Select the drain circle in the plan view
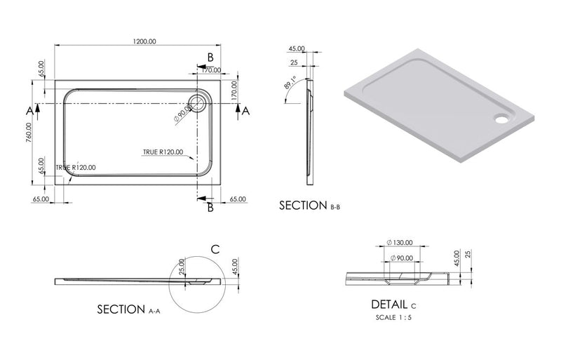198,105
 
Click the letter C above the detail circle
215,248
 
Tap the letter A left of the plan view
29,110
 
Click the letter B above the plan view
210,57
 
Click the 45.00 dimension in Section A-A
236,267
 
